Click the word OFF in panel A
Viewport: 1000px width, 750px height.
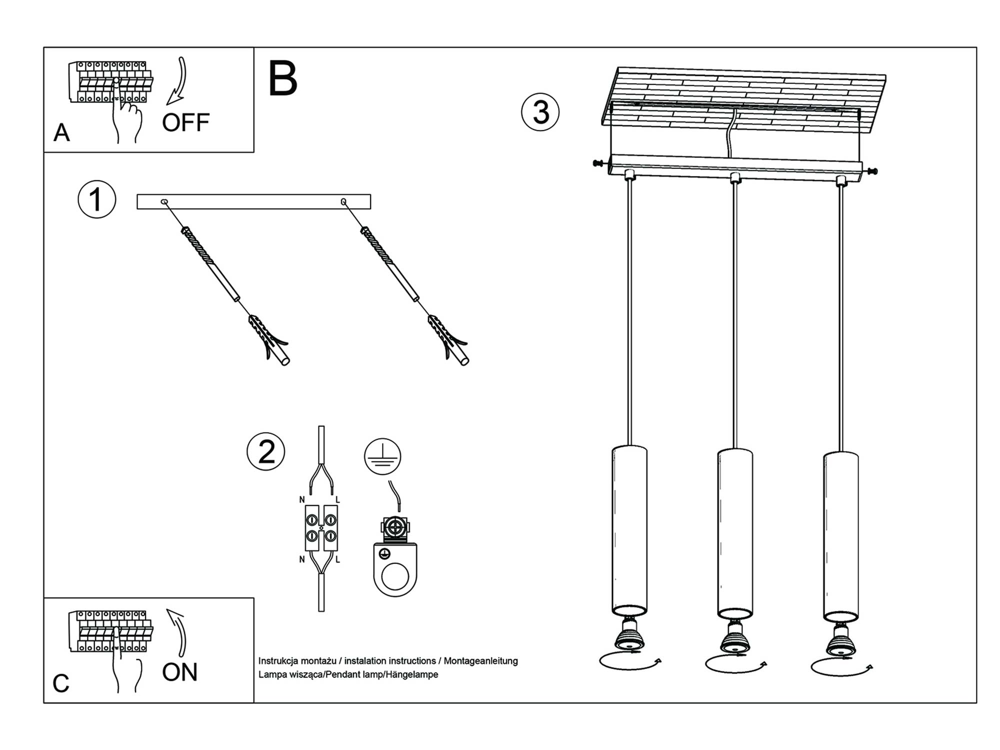[185, 122]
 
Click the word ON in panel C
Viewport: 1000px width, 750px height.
[179, 672]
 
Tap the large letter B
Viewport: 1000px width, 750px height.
[282, 78]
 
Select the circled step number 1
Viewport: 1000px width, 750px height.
[97, 199]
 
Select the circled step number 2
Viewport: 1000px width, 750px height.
[266, 451]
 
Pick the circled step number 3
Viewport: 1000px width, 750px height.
[540, 112]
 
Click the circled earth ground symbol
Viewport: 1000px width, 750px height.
[382, 456]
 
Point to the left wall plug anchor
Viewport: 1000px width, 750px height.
[268, 339]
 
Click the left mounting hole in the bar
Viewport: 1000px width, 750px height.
[164, 202]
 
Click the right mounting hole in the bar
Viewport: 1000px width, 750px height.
[343, 201]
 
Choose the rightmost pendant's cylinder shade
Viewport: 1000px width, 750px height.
[841, 535]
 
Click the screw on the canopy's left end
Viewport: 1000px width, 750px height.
[598, 163]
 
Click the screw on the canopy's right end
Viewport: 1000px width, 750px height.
[872, 171]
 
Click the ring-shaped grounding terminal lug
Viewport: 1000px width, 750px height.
[395, 570]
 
